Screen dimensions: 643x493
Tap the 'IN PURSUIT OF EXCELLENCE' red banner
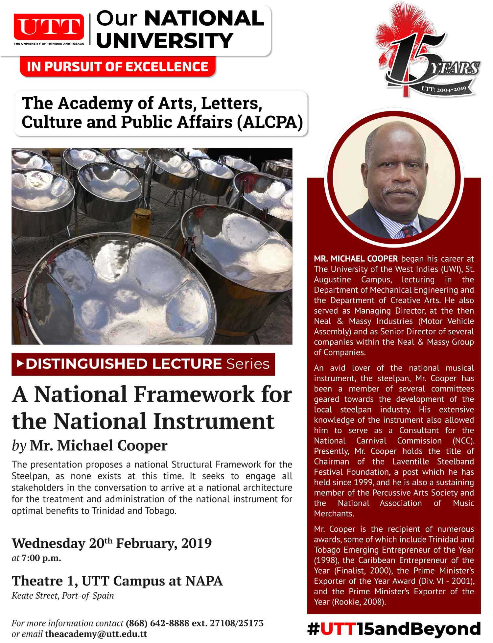click(x=117, y=66)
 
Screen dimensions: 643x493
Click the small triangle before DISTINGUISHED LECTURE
click(x=20, y=364)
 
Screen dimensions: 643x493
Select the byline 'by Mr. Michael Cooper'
click(x=89, y=445)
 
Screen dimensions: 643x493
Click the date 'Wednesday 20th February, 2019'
click(x=112, y=543)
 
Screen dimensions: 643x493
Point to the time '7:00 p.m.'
click(x=41, y=558)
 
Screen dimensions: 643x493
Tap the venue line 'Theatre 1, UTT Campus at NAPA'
click(x=117, y=581)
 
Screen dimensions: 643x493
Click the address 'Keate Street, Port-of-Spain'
click(x=63, y=595)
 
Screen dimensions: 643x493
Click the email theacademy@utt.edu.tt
click(x=96, y=634)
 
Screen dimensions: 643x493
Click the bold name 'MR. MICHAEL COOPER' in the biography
click(x=356, y=259)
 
